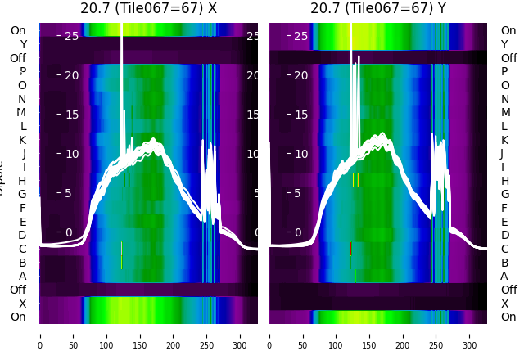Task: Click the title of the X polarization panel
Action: [149, 9]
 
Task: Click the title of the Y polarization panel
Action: [378, 9]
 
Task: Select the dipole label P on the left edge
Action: [22, 72]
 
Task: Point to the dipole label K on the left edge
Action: [22, 140]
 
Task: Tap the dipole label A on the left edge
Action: [22, 276]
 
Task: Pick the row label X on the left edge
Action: [22, 304]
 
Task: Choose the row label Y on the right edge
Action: [504, 44]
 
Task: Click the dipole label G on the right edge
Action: [504, 194]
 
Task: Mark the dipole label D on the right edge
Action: [504, 235]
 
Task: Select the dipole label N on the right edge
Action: [504, 99]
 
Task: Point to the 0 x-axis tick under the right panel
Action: [269, 335]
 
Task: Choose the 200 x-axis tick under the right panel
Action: [403, 335]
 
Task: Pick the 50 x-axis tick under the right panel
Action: [303, 335]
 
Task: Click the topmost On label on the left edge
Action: [18, 30]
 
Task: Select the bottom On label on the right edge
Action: [508, 317]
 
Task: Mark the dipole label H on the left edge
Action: [22, 181]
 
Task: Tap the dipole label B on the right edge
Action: [504, 263]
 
